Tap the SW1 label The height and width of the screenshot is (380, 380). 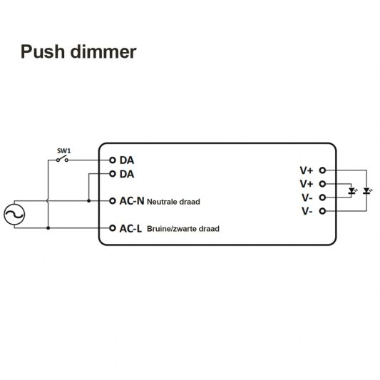point(63,150)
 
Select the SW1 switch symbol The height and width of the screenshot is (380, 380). point(63,160)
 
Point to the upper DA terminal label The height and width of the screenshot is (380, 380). point(126,160)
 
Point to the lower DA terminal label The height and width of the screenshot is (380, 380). point(126,173)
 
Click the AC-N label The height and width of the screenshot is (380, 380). point(131,201)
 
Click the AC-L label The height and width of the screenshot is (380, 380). point(130,229)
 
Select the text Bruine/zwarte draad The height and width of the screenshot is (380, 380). point(183,230)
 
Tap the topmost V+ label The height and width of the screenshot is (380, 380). point(307,170)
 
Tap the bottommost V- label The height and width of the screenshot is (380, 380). point(307,212)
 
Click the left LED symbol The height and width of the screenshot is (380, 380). point(351,191)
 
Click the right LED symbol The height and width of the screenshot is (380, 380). point(366,191)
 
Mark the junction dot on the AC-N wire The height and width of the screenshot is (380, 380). point(88,201)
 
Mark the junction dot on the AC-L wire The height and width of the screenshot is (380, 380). point(48,228)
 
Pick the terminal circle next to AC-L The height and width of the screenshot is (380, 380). point(113,228)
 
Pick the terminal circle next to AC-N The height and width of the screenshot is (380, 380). point(113,201)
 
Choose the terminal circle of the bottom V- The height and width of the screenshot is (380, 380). point(322,212)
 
